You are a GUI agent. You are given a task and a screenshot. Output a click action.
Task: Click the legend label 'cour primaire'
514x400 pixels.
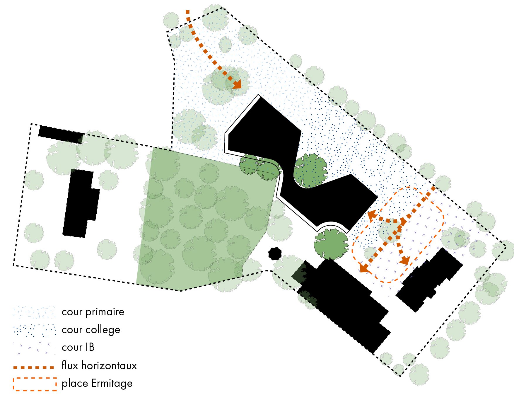click(x=93, y=312)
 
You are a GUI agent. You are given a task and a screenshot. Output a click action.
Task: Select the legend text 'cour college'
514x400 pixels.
click(x=91, y=330)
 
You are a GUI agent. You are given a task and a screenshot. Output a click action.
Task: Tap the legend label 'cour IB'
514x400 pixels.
click(x=78, y=348)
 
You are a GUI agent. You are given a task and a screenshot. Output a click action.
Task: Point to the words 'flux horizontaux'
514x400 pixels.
click(x=99, y=366)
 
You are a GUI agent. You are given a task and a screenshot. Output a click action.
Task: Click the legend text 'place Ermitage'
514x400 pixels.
click(x=97, y=384)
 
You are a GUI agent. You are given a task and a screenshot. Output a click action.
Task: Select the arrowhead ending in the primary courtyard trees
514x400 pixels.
click(x=237, y=84)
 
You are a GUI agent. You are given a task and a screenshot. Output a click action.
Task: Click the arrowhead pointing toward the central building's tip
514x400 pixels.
click(x=372, y=215)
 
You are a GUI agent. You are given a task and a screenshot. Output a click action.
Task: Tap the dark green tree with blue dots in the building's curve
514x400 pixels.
click(x=310, y=171)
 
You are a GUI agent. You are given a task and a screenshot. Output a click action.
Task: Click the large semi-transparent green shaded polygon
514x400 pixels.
click(x=202, y=217)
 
